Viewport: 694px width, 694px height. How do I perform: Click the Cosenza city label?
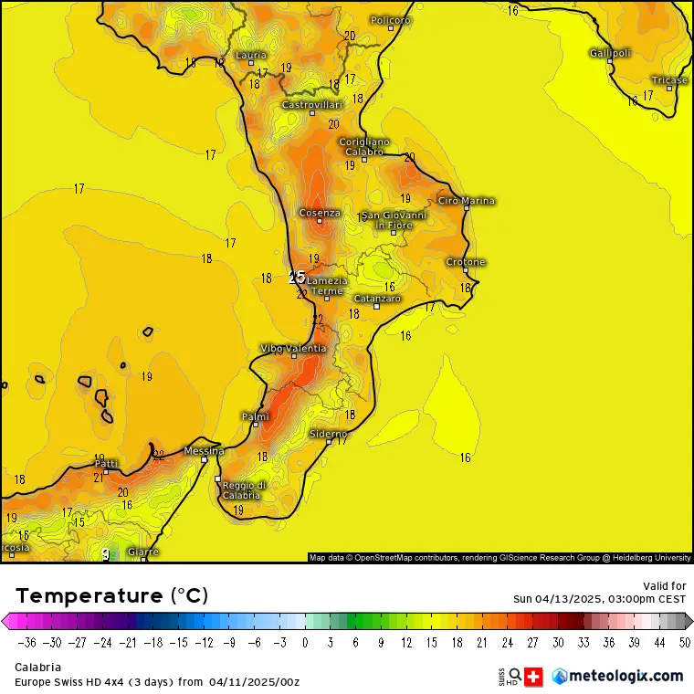[x=320, y=213]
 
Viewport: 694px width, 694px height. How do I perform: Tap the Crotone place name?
[x=466, y=262]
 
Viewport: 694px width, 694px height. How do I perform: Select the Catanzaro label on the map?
[x=377, y=299]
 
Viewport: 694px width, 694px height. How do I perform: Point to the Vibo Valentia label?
[x=293, y=348]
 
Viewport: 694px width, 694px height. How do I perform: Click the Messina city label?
[x=204, y=450]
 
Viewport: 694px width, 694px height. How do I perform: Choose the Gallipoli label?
[x=610, y=53]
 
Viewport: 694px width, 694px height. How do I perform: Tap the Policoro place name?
[x=391, y=20]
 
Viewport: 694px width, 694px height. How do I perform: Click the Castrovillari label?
[x=311, y=105]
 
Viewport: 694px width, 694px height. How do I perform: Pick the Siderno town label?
[x=329, y=433]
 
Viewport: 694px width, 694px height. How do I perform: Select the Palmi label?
[x=255, y=416]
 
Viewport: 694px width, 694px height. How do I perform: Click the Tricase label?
[x=669, y=80]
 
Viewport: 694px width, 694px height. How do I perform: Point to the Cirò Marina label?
[x=467, y=200]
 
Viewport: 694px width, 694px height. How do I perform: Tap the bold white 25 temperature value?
[x=297, y=277]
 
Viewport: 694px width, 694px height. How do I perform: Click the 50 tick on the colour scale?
[x=685, y=642]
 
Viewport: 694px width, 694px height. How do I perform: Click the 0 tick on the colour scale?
[x=305, y=642]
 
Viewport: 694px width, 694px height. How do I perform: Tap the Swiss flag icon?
[x=534, y=677]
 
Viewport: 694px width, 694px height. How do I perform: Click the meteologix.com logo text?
[x=626, y=676]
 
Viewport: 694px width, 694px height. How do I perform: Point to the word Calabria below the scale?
[x=37, y=668]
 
